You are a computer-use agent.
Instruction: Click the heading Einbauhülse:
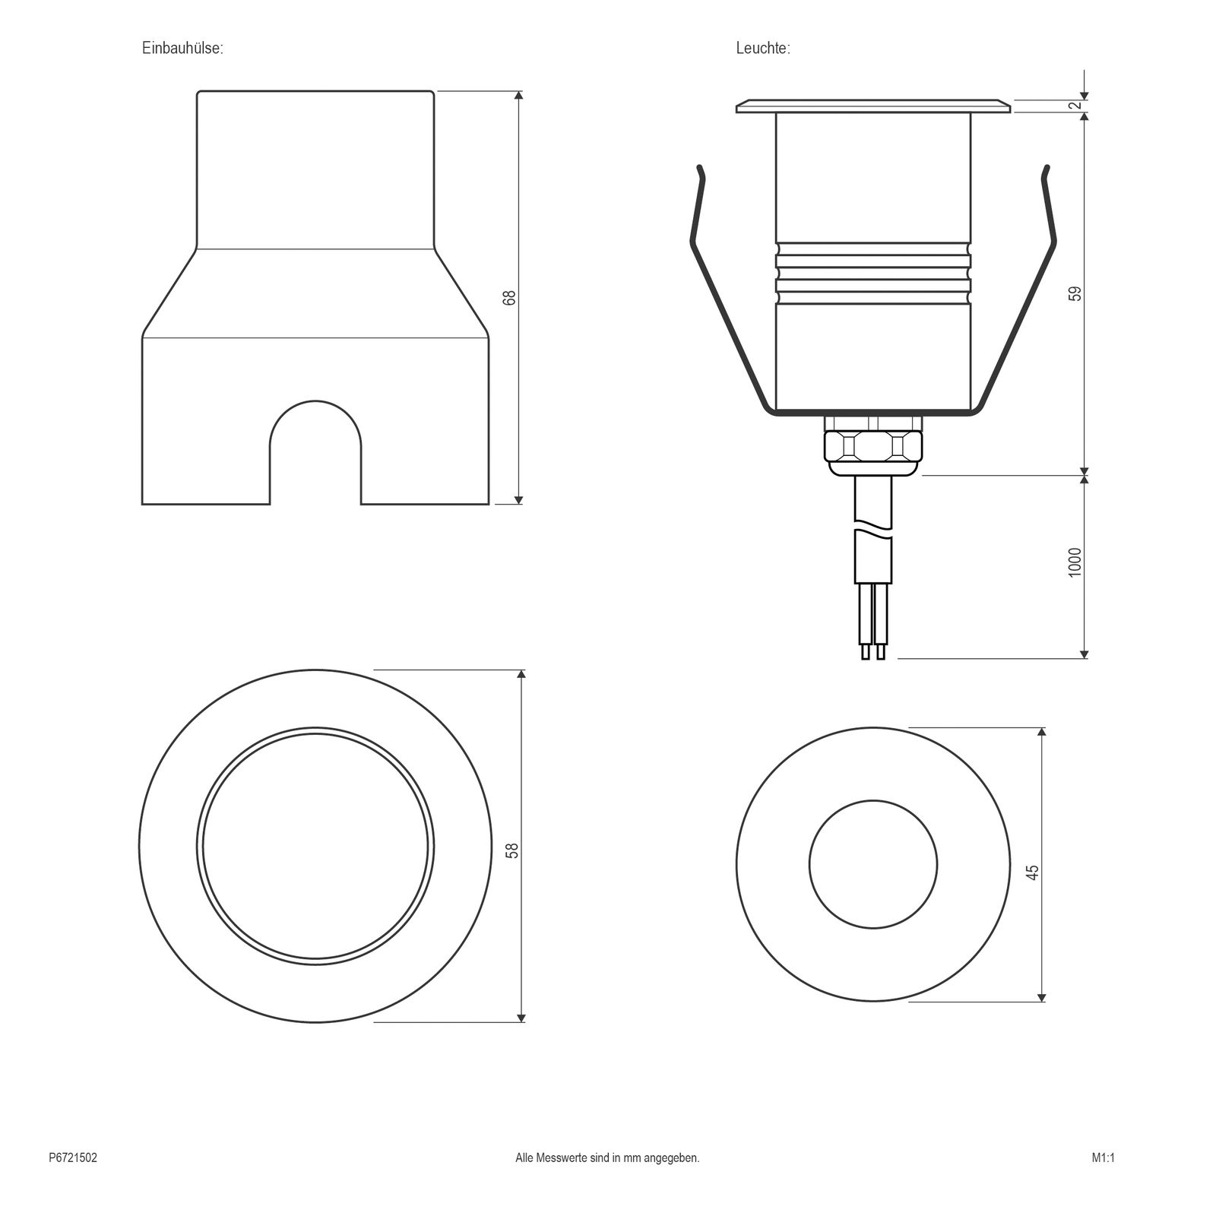coord(182,48)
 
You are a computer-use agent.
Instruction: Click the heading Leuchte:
coord(763,48)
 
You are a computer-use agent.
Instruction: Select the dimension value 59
coord(1075,293)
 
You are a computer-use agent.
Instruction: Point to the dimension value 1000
coord(1075,562)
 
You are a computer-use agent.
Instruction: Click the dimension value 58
coord(512,850)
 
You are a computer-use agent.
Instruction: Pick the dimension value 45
coord(1032,872)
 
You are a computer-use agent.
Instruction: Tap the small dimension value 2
coord(1075,105)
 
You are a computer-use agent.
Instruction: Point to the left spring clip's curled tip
coord(701,172)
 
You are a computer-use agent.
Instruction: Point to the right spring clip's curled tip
coord(1047,172)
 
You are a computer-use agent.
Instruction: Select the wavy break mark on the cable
coord(873,526)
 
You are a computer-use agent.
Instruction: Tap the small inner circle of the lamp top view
coord(873,864)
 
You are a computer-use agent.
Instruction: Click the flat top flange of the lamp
coord(873,106)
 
